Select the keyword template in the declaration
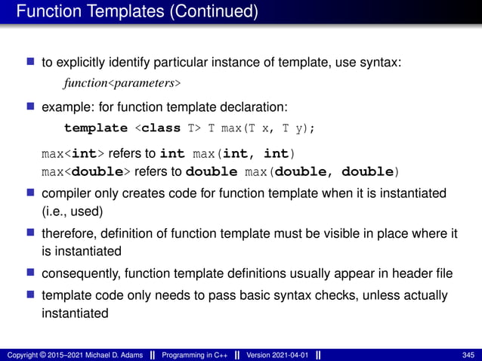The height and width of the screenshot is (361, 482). tap(96, 128)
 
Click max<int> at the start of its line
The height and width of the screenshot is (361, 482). tap(63, 155)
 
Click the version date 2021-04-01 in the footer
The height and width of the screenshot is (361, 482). tap(288, 355)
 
